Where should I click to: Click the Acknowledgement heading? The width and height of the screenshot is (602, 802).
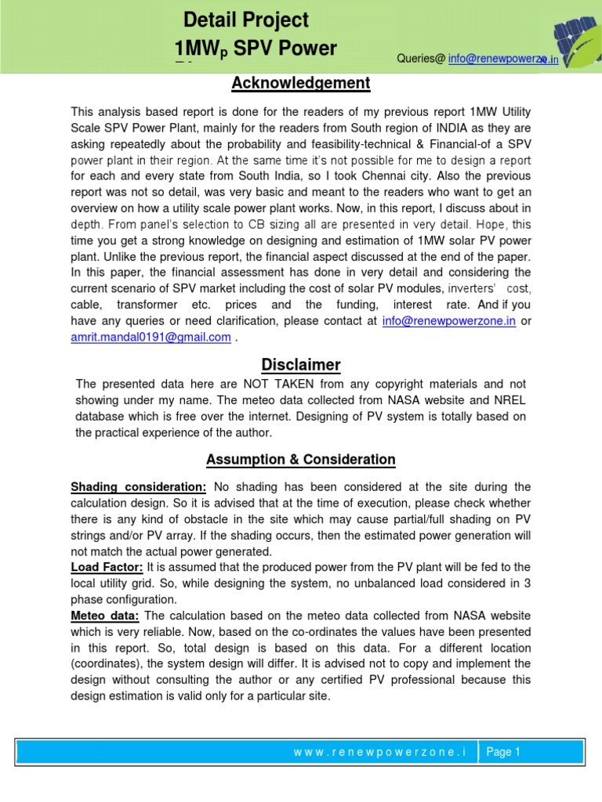(300, 83)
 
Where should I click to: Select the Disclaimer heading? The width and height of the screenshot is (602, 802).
(300, 365)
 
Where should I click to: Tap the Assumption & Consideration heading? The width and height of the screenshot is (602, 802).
(300, 460)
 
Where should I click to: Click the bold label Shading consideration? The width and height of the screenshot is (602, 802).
(139, 487)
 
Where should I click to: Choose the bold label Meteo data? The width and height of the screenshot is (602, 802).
(105, 616)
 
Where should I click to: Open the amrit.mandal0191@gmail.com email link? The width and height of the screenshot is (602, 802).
(150, 337)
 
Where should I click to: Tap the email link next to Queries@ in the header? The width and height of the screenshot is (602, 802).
(502, 59)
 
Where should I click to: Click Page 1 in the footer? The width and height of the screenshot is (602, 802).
(503, 752)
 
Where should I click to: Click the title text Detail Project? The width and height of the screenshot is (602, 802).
(245, 20)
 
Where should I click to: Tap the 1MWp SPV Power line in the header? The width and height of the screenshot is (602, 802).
(256, 49)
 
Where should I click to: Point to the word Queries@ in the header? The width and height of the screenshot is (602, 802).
(421, 59)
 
